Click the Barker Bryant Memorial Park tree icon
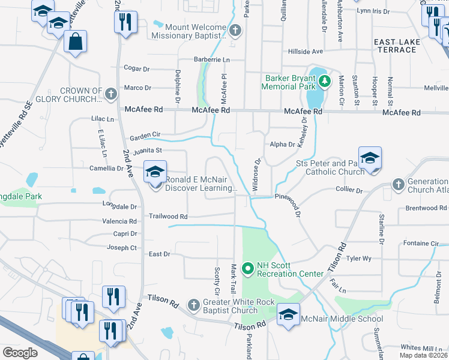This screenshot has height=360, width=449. coord(325,80)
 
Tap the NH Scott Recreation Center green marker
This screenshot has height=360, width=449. coord(246,268)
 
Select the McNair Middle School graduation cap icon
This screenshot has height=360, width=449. coord(288,314)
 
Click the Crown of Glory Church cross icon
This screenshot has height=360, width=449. coord(110,94)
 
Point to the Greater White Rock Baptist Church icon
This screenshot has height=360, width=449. coord(193,305)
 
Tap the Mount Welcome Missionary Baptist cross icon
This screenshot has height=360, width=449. coord(235,30)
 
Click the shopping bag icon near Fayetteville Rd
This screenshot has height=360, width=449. coord(75,42)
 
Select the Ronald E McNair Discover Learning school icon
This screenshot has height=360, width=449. coord(155,173)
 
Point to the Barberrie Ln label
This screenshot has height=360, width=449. coord(211,60)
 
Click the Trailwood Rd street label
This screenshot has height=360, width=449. coord(168,217)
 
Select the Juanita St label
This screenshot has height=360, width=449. coord(148,151)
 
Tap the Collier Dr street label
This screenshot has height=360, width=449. coord(351,191)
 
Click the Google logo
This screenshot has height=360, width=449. coord(20,353)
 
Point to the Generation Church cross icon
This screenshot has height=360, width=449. coord(397,184)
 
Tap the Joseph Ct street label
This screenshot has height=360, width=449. coord(122,247)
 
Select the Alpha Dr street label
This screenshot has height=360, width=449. coord(282,144)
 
